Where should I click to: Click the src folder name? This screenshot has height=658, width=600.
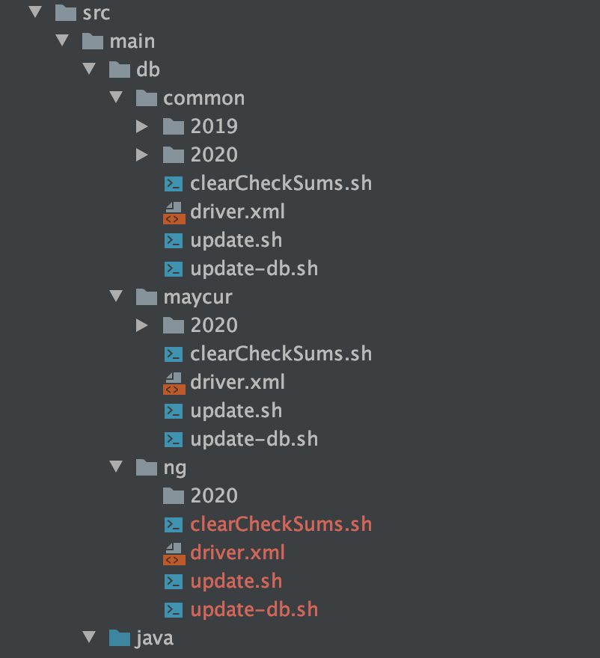click(97, 13)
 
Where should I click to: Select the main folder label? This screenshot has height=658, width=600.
click(132, 41)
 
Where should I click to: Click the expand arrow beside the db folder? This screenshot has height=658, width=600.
click(90, 70)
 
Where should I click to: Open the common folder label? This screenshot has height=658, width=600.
click(203, 98)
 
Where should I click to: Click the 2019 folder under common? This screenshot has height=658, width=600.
click(213, 126)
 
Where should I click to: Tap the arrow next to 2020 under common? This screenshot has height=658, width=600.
click(142, 155)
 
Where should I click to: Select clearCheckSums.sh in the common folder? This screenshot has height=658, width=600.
click(281, 183)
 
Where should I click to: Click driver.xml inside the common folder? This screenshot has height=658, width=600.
click(237, 212)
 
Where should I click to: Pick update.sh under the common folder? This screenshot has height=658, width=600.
click(236, 240)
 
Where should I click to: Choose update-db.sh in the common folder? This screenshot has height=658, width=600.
click(254, 268)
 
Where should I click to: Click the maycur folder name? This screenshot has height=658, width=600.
click(198, 297)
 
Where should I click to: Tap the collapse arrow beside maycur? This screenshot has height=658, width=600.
click(116, 297)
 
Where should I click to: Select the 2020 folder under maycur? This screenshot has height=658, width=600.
click(213, 325)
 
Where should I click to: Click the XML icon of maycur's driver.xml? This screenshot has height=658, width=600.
click(174, 382)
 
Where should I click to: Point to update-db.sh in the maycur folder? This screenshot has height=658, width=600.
click(254, 439)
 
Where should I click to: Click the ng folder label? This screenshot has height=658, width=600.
click(174, 467)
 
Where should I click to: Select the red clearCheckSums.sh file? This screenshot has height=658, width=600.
click(281, 524)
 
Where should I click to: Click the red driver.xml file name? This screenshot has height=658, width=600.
click(237, 553)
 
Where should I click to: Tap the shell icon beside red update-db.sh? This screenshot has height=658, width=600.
click(174, 609)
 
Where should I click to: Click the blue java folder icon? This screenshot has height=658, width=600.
click(119, 638)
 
